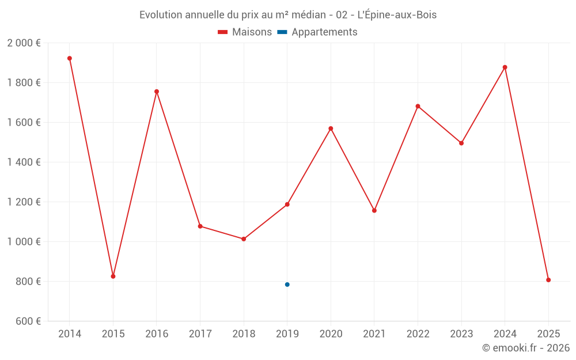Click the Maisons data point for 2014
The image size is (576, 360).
pos(70,58)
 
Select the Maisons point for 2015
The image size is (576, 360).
pos(113,276)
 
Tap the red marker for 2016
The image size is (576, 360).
pos(157,92)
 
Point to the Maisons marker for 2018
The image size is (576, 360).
pos(244,239)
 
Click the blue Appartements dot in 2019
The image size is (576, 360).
pos(287,285)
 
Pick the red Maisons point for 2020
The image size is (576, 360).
pos(331,128)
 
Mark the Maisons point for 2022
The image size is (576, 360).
pos(418,106)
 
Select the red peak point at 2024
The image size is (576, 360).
pos(505,67)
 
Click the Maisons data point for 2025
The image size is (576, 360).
pos(548,280)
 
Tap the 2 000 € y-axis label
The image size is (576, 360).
pos(24,43)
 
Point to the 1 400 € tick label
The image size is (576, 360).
pos(24,162)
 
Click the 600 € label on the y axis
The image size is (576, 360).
pos(27,321)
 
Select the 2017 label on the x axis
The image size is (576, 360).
pos(200,334)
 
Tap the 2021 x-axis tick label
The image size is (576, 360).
pos(374,334)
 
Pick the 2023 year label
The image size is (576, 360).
pos(461,334)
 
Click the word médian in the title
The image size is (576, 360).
pos(311,15)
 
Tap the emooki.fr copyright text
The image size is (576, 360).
pos(526,348)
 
